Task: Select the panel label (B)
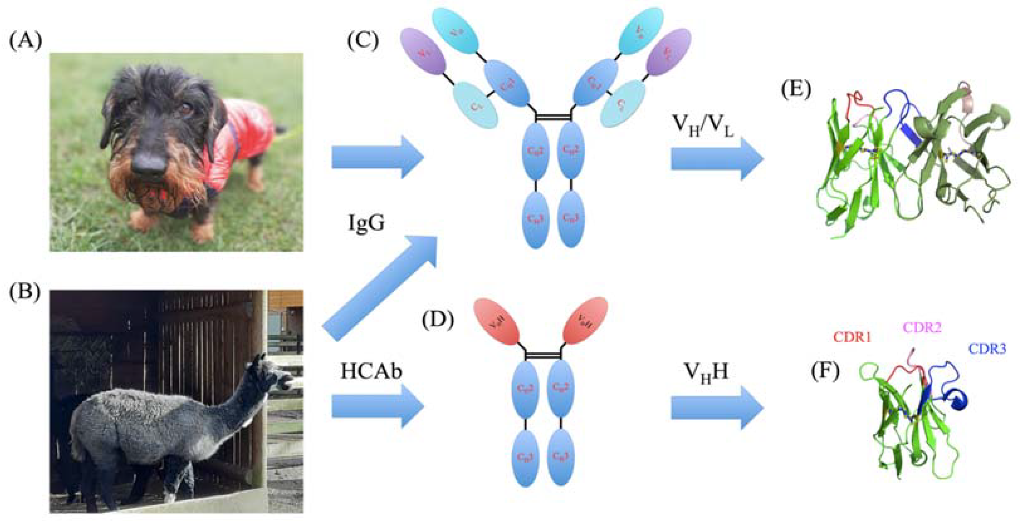pos(25,293)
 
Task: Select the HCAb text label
pos(371,371)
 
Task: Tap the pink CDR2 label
pos(921,327)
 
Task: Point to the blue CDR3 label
pos(987,348)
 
